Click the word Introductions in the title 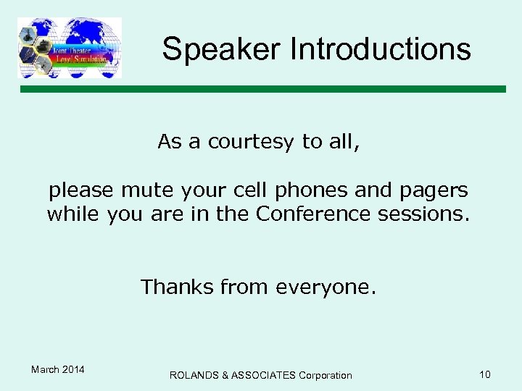380,49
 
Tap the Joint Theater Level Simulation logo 70,48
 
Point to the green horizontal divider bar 262,89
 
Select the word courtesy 252,142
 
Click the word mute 145,190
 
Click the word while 73,215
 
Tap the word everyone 326,288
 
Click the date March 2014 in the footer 58,370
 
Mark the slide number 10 484,374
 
